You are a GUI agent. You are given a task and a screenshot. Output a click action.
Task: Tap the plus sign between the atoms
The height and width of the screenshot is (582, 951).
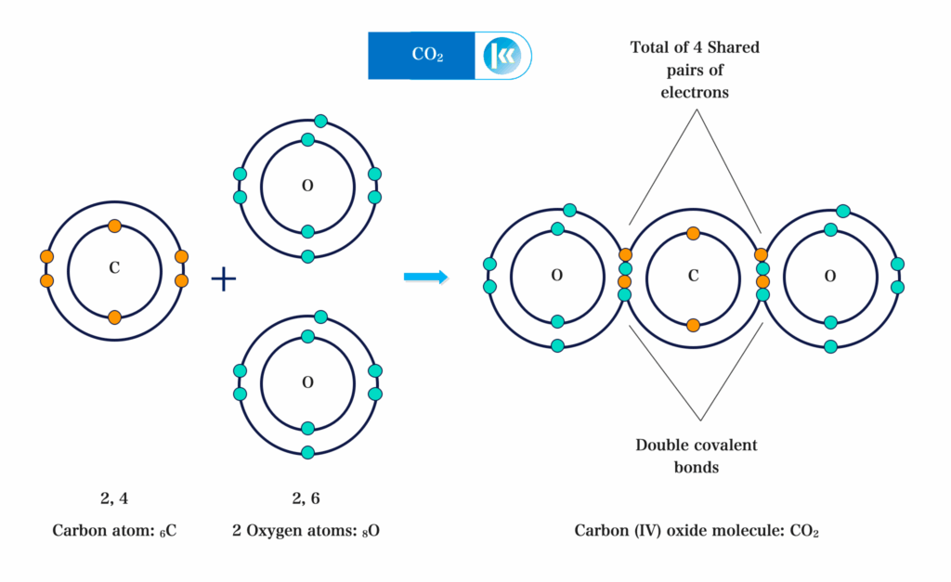[x=224, y=278]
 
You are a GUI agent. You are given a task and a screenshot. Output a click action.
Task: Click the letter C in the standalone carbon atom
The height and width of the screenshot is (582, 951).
[x=114, y=268]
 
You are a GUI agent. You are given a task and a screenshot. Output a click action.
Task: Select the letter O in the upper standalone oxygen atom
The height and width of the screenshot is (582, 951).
[x=307, y=186]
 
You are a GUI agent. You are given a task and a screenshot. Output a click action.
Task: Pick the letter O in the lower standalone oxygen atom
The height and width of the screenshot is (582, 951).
[x=307, y=382]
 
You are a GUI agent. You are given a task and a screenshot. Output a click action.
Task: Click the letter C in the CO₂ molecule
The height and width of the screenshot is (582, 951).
[x=693, y=276]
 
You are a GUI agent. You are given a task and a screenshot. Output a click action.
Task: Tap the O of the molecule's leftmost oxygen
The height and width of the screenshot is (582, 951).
[x=557, y=276]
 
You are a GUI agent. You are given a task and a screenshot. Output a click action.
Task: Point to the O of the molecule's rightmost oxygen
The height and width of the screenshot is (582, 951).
[x=830, y=276]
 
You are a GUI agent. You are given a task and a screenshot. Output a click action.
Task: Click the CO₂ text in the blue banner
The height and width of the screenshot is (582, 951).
[x=427, y=56]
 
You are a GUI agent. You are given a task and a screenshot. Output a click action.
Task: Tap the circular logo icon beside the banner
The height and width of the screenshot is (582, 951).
[x=502, y=56]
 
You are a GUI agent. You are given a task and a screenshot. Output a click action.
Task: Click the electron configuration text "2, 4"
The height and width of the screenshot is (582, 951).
[x=114, y=498]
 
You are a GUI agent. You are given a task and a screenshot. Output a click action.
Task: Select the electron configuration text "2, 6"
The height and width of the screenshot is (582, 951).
[x=306, y=498]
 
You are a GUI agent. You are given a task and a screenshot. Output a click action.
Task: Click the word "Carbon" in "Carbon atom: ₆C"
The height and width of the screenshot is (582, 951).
[x=77, y=532]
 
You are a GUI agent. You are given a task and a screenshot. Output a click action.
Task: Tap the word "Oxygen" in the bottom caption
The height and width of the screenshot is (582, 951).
[x=278, y=532]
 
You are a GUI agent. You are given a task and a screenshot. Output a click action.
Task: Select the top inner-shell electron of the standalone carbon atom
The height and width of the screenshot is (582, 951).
[x=114, y=226]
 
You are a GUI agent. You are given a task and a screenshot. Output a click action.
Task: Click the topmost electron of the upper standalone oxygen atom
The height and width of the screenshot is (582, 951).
[x=320, y=121]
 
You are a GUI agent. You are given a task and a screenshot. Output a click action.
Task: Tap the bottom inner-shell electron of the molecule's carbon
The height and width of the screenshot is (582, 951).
[x=693, y=325]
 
